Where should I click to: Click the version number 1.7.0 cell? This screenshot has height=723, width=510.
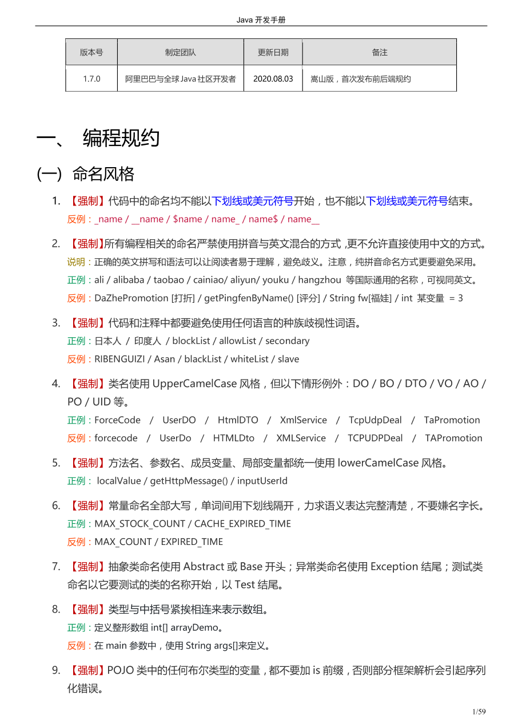[x=91, y=79]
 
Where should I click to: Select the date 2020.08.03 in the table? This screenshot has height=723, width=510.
[x=273, y=79]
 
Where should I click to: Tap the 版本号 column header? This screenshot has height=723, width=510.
[x=91, y=52]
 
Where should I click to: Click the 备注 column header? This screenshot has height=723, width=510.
[x=380, y=52]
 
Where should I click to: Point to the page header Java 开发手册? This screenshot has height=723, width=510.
[x=261, y=20]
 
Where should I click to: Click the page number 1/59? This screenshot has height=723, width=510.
[x=479, y=712]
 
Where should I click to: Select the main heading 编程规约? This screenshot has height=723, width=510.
[x=121, y=138]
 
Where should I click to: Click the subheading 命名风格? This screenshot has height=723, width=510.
[x=103, y=173]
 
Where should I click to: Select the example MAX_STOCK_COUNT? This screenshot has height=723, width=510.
[x=140, y=524]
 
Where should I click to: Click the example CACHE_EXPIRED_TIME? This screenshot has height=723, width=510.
[x=242, y=524]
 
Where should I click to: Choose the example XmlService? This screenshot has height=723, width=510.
[x=303, y=420]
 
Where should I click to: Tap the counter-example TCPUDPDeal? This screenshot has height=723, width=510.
[x=375, y=438]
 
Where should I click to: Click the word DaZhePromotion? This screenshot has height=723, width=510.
[x=132, y=298]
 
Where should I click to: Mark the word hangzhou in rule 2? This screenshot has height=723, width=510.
[x=320, y=280]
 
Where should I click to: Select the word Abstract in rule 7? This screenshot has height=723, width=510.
[x=204, y=567]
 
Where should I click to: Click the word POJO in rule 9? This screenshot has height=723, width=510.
[x=120, y=670]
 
